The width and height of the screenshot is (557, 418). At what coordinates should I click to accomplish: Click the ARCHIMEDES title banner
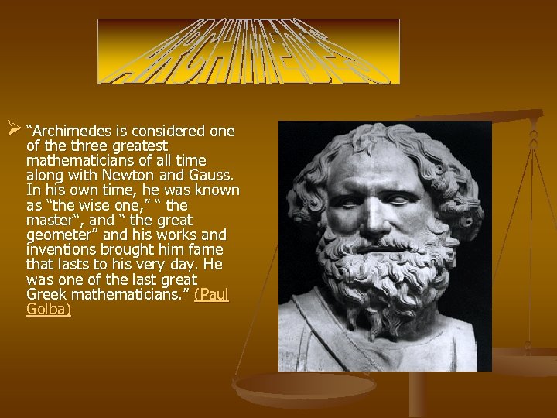[x=248, y=51]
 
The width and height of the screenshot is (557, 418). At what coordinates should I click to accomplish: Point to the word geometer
[x=54, y=235]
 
